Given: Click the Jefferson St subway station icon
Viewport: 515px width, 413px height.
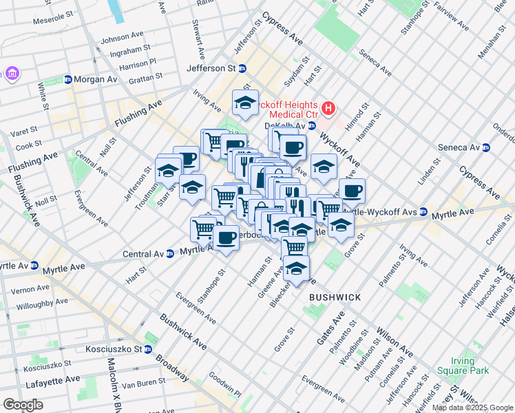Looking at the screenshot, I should pos(242,69).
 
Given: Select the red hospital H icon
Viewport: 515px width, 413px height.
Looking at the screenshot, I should pos(329,108).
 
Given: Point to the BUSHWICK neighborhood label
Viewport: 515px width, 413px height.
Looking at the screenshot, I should pos(335,297).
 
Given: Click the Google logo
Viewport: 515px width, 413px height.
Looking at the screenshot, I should pos(23,405).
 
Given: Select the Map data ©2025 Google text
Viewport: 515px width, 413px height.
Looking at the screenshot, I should pos(472,407).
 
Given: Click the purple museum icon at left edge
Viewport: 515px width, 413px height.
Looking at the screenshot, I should pos(12,73).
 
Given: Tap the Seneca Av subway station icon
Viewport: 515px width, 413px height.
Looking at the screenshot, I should pos(486,147).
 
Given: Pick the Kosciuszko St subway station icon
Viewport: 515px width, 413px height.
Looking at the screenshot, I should pos(147,349).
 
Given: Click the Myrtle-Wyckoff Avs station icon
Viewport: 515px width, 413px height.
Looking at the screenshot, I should pos(423,211).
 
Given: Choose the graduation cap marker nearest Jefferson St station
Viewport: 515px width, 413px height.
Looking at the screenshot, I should pos(245,103).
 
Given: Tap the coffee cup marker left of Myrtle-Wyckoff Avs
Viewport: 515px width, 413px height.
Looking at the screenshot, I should pos(352,191).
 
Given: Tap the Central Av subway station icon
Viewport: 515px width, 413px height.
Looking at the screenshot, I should pos(169,253).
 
